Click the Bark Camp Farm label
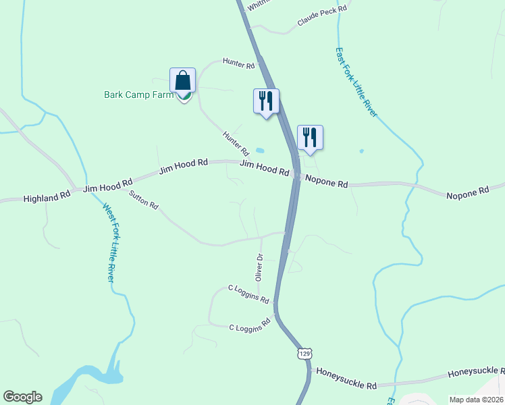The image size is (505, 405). tap(138, 95)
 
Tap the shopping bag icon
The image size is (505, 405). tap(183, 81)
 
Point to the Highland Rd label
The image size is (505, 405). tap(47, 198)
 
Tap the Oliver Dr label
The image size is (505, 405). tap(259, 267)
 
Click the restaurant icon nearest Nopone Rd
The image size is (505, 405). tap(310, 137)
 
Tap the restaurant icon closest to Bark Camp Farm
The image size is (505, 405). tap(266, 101)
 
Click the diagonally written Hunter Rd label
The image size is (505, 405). tap(236, 144)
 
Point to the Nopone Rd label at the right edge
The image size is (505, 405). tap(467, 193)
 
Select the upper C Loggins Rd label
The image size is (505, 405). tap(248, 294)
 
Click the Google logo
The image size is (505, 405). tap(22, 397)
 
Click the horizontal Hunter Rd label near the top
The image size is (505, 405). tap(241, 65)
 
